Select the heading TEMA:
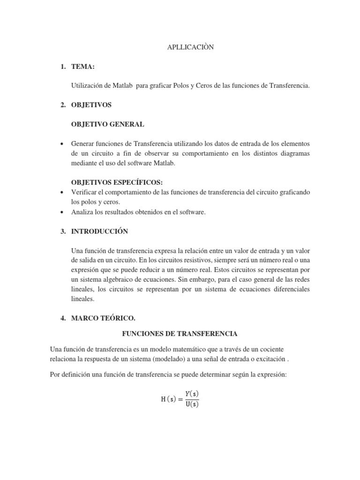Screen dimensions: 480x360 [x=83, y=67]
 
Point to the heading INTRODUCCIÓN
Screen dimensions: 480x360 [x=99, y=231]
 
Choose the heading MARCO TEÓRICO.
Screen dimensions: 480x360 [x=103, y=318]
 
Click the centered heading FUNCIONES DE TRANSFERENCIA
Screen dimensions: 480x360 [x=180, y=333]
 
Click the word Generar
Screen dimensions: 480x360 [x=83, y=143]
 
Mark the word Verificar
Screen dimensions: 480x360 [x=84, y=193]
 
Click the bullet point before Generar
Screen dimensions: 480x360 [x=62, y=143]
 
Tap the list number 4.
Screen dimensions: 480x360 [x=62, y=318]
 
